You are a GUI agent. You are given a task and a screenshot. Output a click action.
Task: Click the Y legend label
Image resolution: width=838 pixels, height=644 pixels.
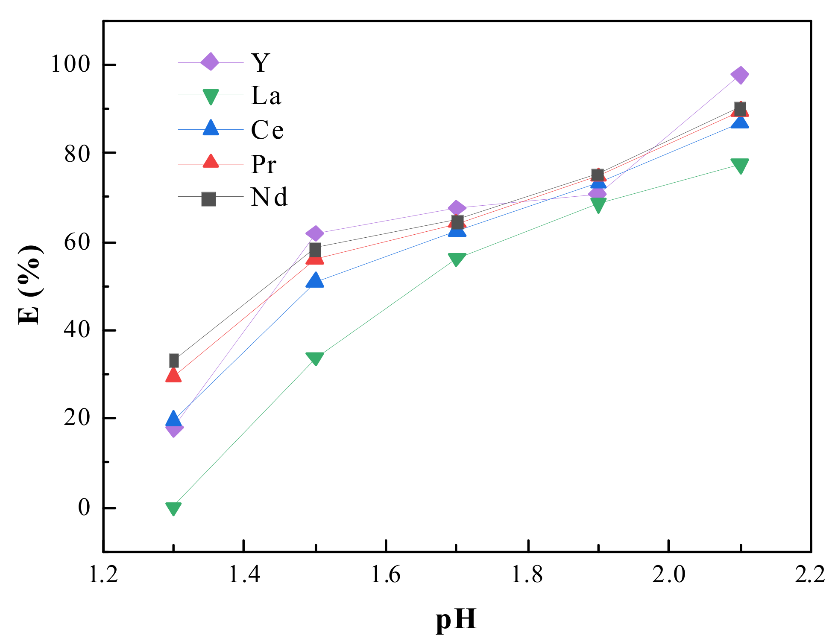260,63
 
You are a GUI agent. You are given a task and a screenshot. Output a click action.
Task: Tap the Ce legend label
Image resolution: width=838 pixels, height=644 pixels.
267,130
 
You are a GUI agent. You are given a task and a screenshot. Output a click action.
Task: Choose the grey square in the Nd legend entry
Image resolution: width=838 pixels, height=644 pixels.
209,199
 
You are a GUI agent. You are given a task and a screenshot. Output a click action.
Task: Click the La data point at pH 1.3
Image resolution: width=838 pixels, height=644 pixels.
173,508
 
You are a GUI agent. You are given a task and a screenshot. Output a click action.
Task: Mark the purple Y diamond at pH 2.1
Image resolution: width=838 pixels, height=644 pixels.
740,75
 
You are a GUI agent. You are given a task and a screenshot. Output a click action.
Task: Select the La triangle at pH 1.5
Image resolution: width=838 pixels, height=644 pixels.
315,358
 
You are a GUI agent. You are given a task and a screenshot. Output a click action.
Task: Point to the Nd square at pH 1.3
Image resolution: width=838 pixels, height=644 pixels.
173,361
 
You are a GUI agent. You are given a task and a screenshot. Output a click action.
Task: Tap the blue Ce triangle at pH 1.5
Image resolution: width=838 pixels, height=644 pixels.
315,280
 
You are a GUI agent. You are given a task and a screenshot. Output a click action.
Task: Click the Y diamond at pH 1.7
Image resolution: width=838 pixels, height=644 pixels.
457,208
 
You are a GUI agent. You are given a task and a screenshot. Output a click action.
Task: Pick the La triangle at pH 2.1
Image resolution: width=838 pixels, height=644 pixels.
740,166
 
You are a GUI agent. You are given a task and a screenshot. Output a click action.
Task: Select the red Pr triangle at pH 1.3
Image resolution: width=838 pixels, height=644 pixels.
173,376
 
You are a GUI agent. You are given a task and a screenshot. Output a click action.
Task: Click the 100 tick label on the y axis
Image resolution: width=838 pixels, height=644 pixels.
70,64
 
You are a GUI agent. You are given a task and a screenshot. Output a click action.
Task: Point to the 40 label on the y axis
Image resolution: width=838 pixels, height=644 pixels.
77,329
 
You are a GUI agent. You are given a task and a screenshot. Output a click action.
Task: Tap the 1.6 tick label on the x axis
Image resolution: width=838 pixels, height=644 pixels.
385,574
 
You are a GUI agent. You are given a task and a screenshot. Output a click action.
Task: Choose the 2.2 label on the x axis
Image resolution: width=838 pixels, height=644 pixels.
810,574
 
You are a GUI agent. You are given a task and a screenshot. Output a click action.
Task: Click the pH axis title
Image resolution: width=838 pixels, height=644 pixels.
456,619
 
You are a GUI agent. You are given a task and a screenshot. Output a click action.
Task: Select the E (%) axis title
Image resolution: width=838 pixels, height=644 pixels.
30,285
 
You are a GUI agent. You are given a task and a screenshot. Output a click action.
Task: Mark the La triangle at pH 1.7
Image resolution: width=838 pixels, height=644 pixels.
457,259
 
